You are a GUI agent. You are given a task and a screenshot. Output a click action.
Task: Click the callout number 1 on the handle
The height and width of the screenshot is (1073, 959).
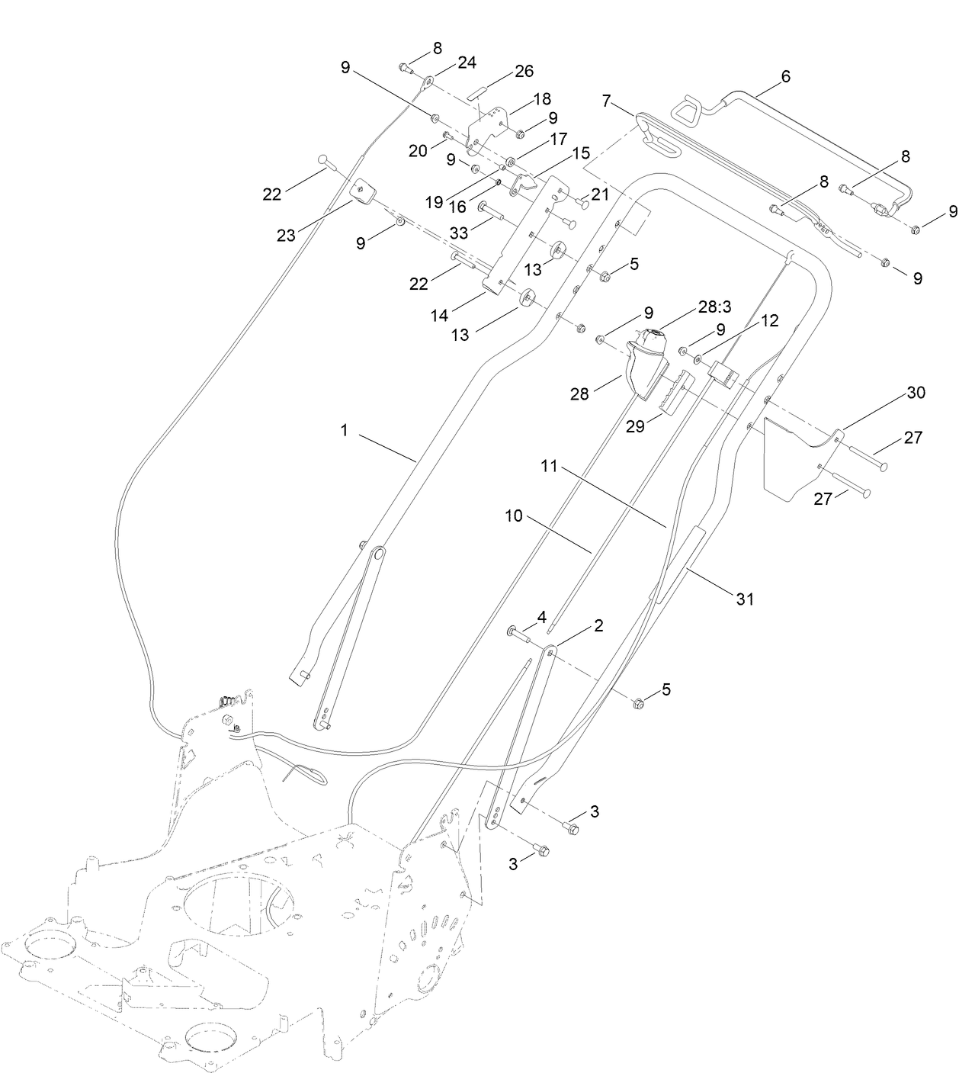click(x=344, y=431)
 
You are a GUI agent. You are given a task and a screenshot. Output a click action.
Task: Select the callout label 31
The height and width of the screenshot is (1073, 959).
click(x=744, y=599)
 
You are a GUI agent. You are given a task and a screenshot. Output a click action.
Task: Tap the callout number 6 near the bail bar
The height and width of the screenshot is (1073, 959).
click(x=786, y=76)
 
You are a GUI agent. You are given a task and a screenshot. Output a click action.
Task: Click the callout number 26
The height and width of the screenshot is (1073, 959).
click(x=524, y=72)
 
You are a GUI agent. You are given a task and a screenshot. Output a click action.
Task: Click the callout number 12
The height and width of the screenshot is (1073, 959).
click(x=770, y=321)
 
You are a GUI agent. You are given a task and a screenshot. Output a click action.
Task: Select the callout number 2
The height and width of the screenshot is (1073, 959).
click(x=598, y=625)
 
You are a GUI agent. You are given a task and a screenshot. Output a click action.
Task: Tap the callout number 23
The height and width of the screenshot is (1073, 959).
click(x=286, y=236)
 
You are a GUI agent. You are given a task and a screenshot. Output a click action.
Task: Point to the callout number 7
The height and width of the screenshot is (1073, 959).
click(x=607, y=101)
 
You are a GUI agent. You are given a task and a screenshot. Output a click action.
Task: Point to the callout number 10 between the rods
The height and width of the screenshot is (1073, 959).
click(x=514, y=516)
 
